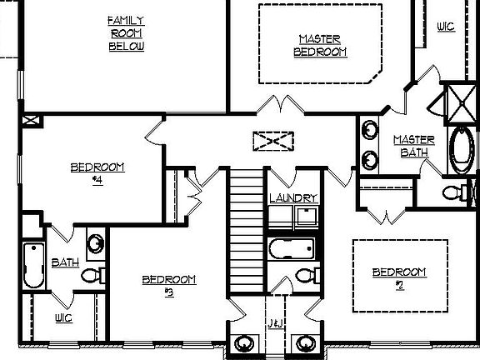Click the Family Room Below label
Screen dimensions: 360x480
pos(127,32)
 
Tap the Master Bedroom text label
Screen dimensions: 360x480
pos(321,45)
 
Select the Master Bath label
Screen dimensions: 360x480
pos(411,146)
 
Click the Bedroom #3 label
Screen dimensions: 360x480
pos(169,285)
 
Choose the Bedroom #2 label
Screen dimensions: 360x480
pos(399,278)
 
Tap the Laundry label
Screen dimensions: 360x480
pos(293,198)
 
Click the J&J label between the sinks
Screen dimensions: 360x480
pos(274,322)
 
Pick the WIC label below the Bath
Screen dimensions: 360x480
pos(63,318)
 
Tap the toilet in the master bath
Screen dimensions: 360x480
pos(454,192)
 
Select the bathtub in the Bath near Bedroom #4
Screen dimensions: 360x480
pos(32,266)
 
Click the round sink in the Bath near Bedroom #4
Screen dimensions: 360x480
pos(97,244)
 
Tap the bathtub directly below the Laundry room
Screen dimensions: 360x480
pos(291,247)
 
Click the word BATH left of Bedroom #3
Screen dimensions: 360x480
pos(65,262)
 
